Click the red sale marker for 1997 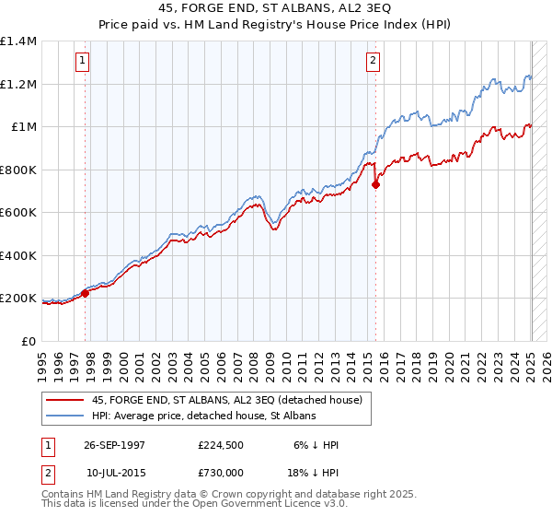[85, 294]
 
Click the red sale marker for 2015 [375, 185]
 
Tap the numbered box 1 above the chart [82, 62]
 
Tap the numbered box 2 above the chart [373, 62]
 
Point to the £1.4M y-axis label [18, 41]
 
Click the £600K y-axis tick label [18, 213]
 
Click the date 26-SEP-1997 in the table [116, 445]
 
